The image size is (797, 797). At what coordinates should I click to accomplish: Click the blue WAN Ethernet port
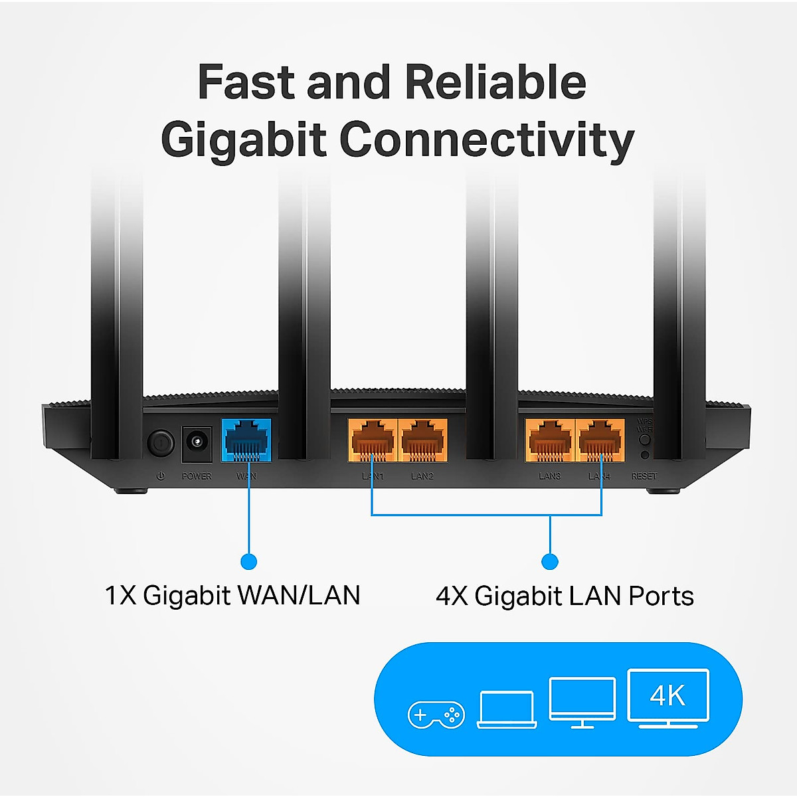(246, 440)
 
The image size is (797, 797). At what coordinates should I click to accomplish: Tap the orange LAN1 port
(372, 440)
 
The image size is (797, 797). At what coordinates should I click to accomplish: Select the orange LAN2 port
(422, 440)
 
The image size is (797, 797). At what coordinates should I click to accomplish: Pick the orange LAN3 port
(549, 440)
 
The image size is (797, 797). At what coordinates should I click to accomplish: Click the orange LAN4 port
(600, 440)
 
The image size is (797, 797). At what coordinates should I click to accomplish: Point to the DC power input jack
(197, 443)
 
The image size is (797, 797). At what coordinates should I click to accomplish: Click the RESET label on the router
(644, 476)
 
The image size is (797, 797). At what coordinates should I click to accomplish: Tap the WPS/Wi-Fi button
(644, 439)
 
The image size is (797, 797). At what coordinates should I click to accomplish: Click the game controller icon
(436, 715)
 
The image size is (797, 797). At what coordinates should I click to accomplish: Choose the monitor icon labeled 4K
(668, 697)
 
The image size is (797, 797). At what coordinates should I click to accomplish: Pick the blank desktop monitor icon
(582, 701)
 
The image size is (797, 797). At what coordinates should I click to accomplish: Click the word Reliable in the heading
(495, 82)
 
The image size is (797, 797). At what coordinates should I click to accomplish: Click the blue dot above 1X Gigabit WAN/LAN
(248, 562)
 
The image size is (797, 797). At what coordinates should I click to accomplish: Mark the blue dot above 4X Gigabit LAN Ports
(550, 562)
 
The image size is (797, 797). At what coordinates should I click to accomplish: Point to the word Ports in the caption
(661, 596)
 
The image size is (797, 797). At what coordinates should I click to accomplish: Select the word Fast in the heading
(246, 82)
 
